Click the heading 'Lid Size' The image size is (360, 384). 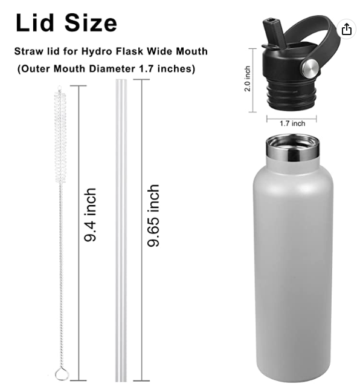point(66,22)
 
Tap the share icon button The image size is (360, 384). point(346,29)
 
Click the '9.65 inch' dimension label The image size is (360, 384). point(154,215)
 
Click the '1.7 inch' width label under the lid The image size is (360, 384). point(292,123)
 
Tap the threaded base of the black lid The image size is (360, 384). point(292,94)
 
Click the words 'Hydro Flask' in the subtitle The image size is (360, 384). point(124,51)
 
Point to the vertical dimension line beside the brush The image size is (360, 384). point(79,230)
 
